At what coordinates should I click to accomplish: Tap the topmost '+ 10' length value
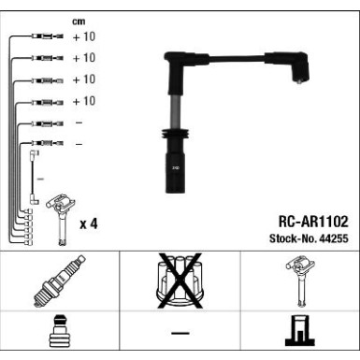[83, 36]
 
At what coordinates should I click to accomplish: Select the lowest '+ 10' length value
[83, 101]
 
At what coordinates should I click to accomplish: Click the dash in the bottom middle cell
[179, 335]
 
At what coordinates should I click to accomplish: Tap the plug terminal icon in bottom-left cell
[59, 335]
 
